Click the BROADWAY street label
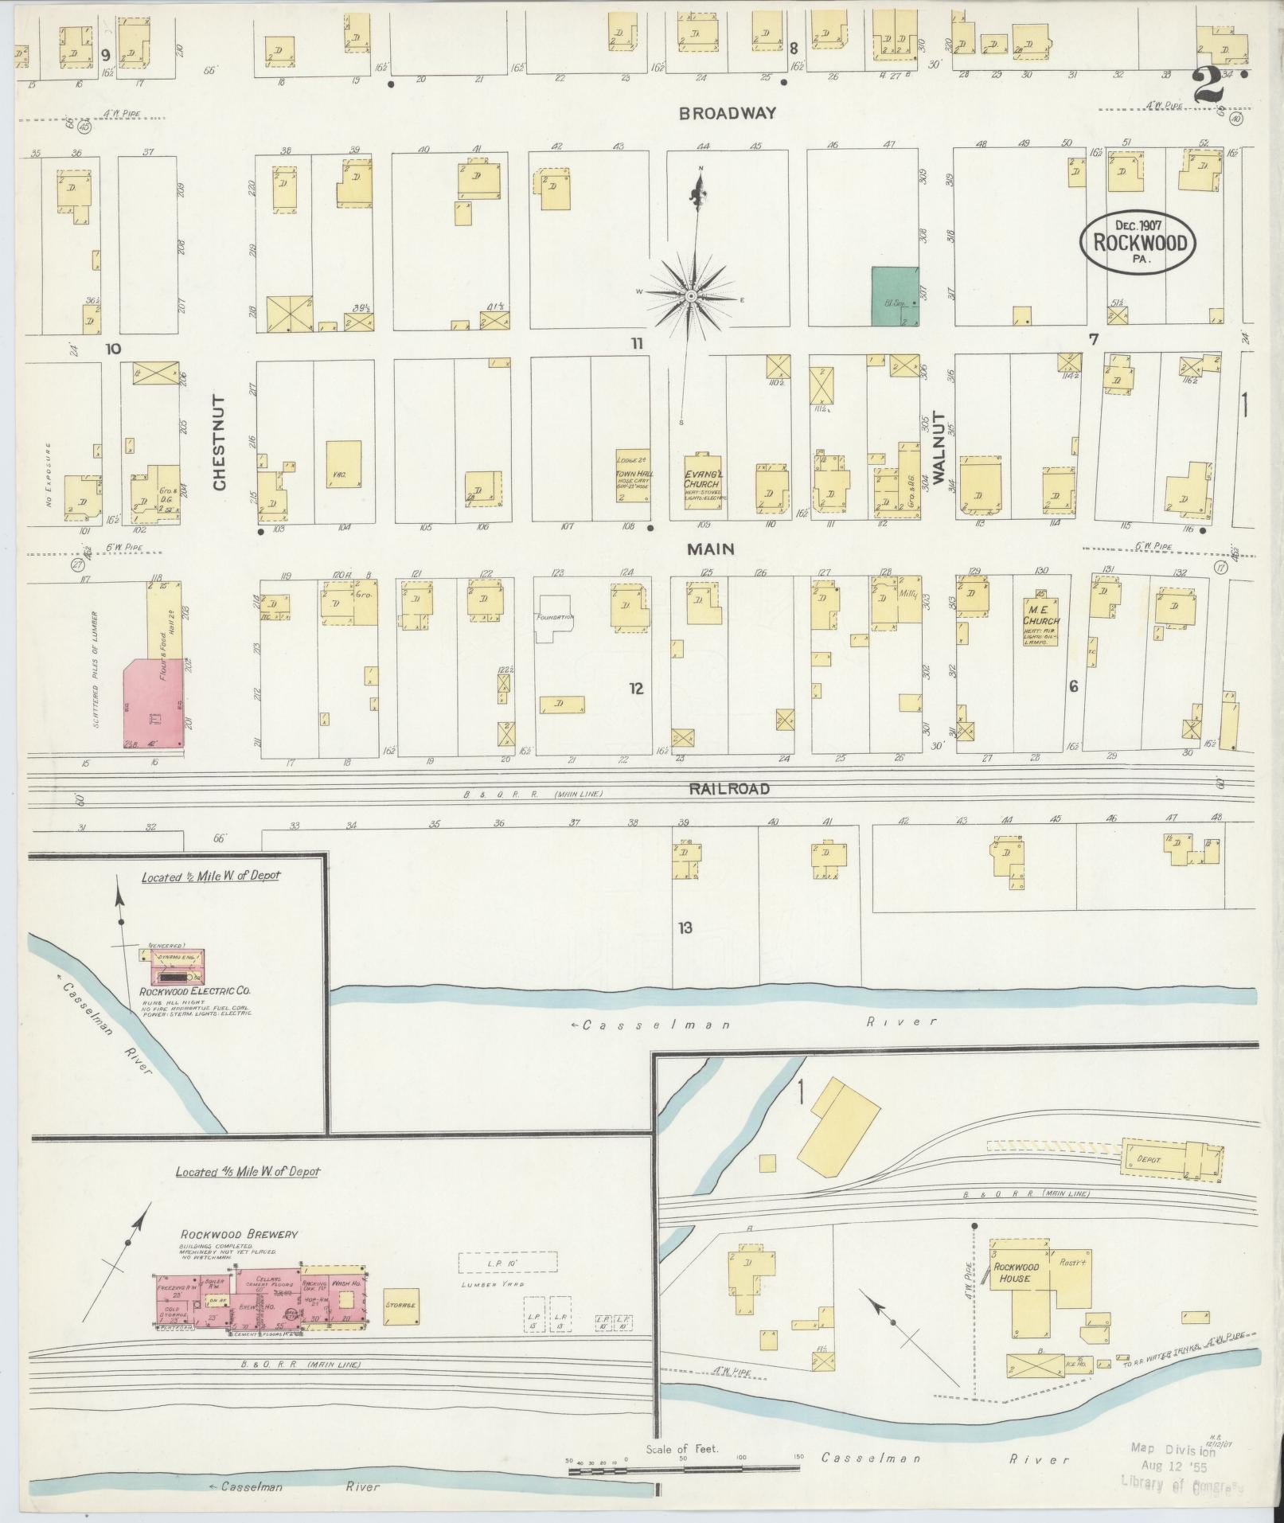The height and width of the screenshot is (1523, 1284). coord(727,114)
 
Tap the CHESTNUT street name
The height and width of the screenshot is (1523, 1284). coord(220,443)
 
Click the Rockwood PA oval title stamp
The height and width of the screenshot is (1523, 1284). coord(1138,243)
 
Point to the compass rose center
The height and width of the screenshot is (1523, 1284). coord(691,296)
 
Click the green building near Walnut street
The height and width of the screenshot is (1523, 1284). coord(895,296)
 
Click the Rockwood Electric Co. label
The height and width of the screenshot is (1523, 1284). coord(195,991)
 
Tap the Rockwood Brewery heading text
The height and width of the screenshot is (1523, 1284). coord(239,1256)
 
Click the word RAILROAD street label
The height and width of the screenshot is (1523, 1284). coord(729,789)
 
